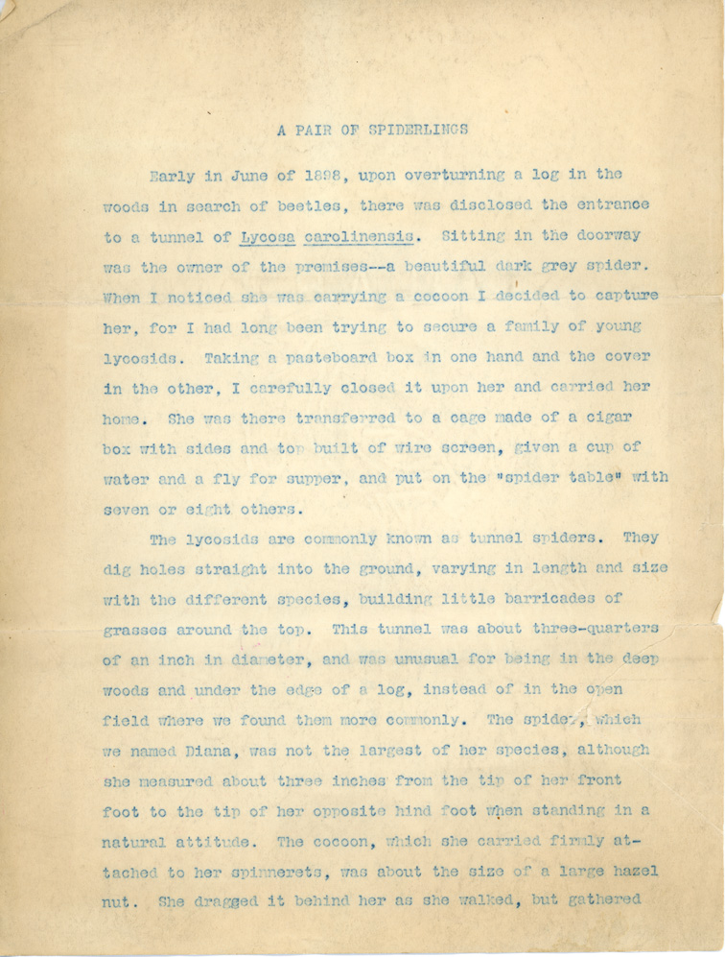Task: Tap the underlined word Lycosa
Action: pyautogui.click(x=271, y=236)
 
